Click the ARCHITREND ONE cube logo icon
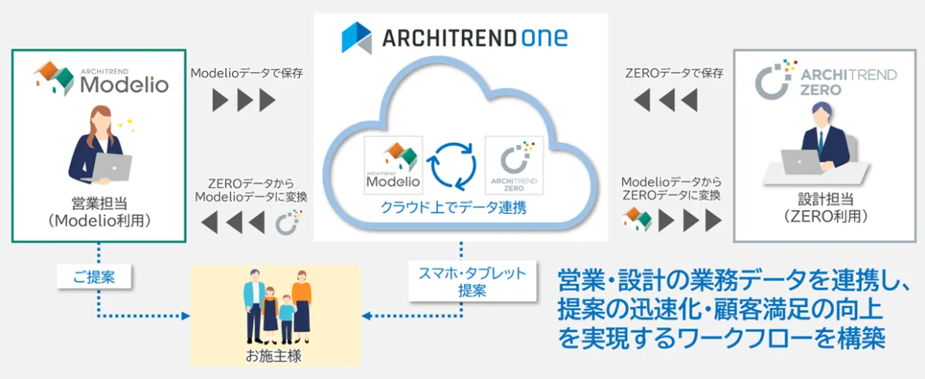click(356, 38)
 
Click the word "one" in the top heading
click(544, 38)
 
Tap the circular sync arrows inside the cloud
click(453, 166)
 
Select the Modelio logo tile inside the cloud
click(393, 165)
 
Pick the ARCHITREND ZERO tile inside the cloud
click(514, 165)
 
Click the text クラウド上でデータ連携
click(453, 207)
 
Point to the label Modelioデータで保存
click(247, 73)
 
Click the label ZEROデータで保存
click(674, 73)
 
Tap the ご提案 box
click(94, 276)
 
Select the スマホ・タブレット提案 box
click(472, 281)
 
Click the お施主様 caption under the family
click(274, 355)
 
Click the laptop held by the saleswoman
click(112, 167)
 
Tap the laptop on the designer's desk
click(800, 161)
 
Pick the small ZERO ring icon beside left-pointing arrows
click(288, 222)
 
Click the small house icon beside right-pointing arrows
click(637, 219)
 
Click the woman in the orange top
click(302, 306)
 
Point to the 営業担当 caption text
click(99, 203)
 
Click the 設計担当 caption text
click(826, 199)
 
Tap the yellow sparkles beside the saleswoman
click(126, 125)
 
